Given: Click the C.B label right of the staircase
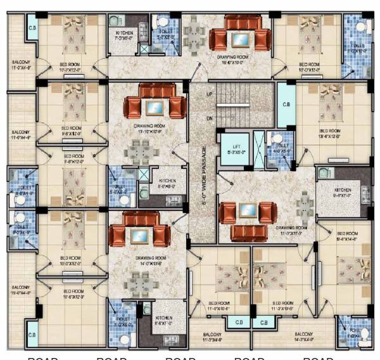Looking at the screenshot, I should (286, 105).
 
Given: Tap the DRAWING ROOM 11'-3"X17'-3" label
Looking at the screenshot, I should (291, 230).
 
